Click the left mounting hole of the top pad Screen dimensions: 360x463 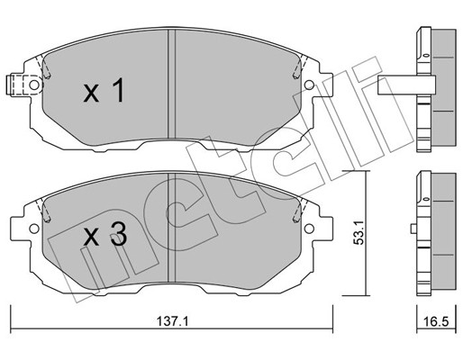pyautogui.click(x=33, y=86)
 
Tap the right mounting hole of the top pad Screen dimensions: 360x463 pyautogui.click(x=309, y=86)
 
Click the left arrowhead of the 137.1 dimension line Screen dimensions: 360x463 pyautogui.click(x=13, y=318)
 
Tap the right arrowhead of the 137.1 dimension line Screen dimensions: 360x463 pyautogui.click(x=331, y=318)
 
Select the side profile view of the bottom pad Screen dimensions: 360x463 pyautogui.click(x=435, y=231)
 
